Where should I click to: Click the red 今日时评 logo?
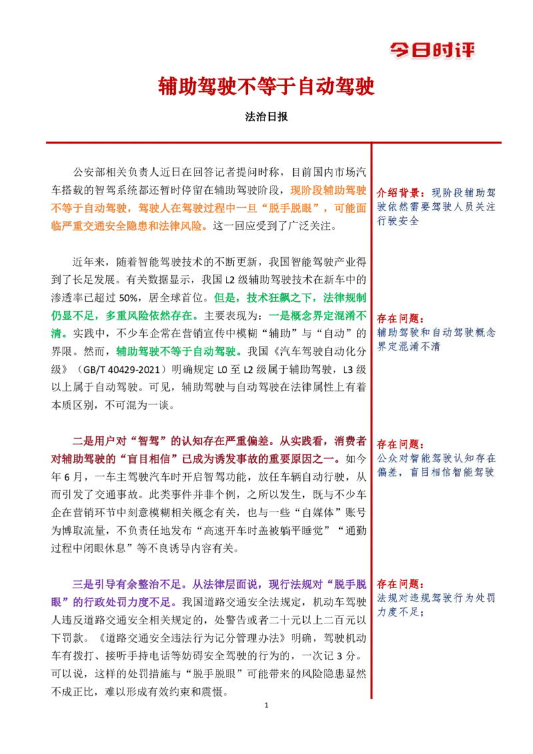[432, 50]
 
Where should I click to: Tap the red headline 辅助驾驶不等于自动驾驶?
[266, 87]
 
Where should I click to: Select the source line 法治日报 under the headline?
[266, 117]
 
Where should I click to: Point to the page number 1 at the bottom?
[266, 705]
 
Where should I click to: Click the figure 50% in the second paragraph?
[129, 298]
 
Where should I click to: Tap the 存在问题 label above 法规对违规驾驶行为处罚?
[398, 584]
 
